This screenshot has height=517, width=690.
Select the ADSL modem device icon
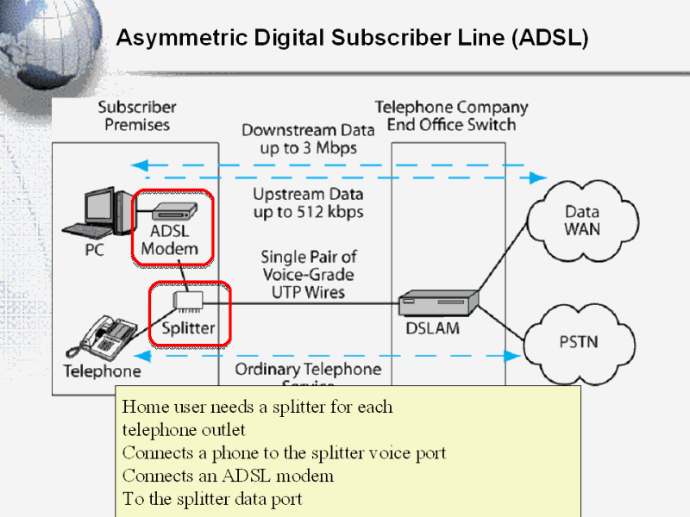(x=174, y=210)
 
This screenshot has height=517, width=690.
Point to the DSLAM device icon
(x=438, y=304)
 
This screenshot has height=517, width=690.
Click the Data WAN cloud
(x=580, y=221)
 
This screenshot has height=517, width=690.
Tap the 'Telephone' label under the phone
(x=102, y=372)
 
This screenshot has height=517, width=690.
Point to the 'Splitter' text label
(x=188, y=328)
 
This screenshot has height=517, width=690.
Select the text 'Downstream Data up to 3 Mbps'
(x=308, y=139)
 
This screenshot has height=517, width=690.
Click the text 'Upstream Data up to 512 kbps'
(x=308, y=202)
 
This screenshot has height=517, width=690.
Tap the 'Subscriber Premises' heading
(x=137, y=116)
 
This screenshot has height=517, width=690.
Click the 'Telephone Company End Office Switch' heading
(x=451, y=116)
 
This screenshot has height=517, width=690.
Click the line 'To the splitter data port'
(x=212, y=499)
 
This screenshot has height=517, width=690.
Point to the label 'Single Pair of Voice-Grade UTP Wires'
(x=308, y=274)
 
